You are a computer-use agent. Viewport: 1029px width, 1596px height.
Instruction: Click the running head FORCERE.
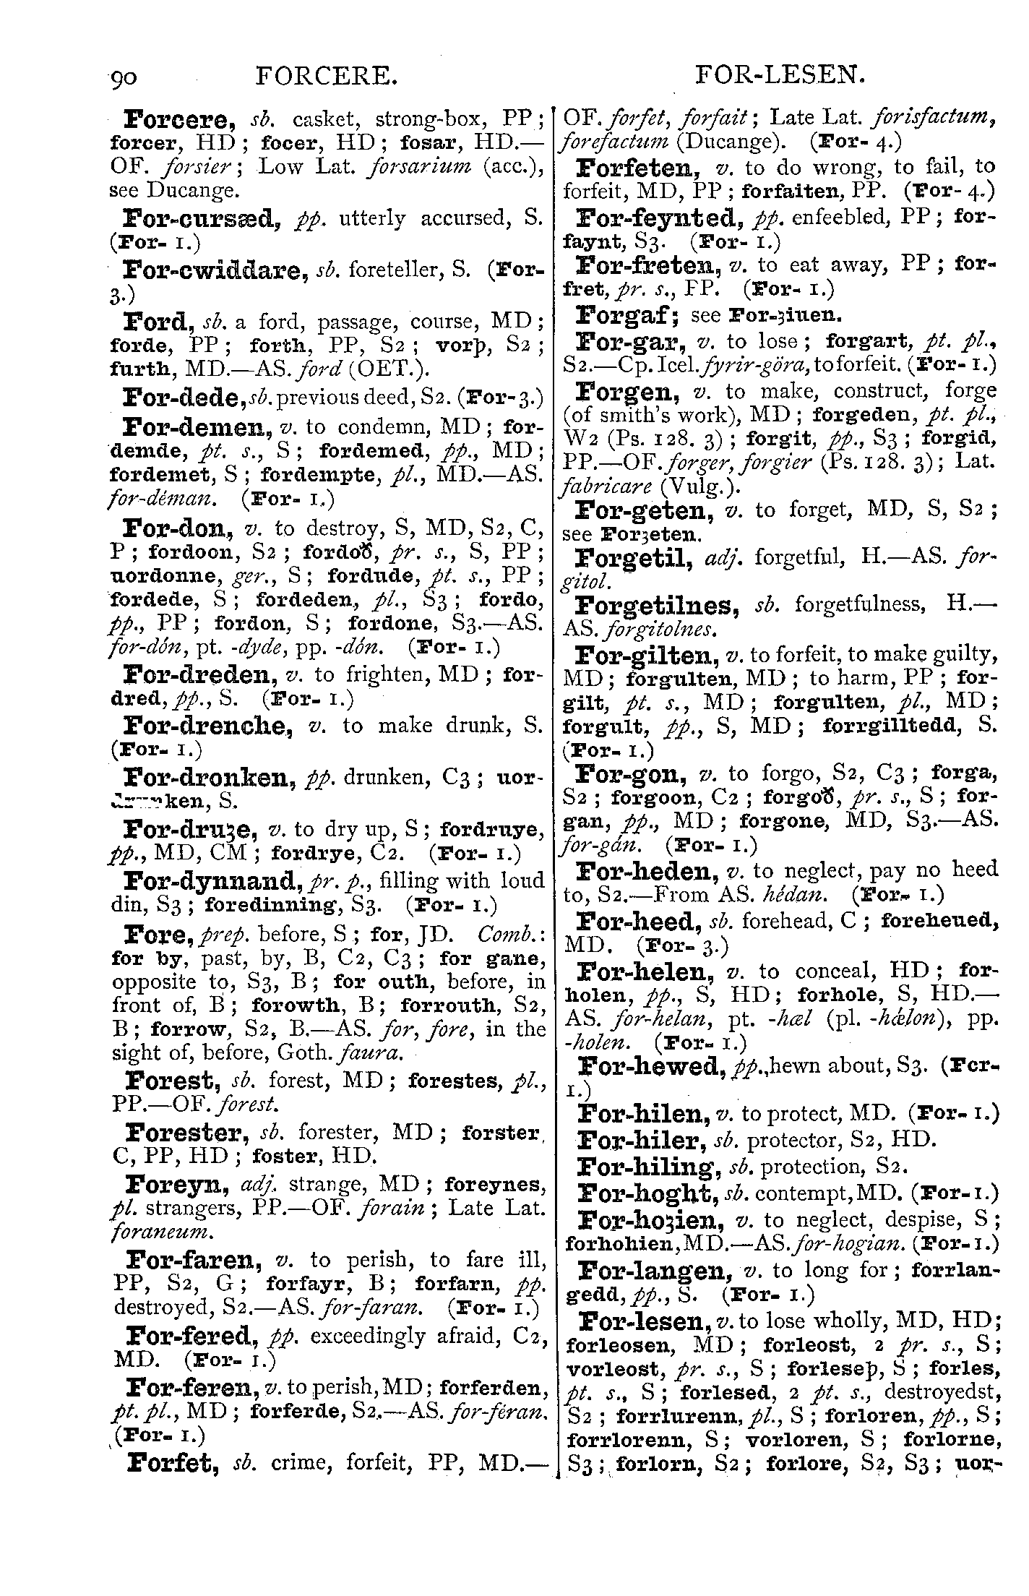[327, 76]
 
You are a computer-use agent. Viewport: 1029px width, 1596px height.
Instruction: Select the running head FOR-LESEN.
[779, 76]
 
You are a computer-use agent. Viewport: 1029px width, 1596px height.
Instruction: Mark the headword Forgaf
[626, 315]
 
